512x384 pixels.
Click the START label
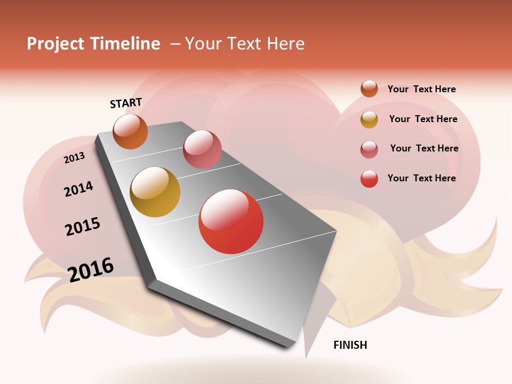[126, 103]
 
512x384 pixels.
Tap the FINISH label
[350, 345]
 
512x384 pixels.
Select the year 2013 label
[74, 158]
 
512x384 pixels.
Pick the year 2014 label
[78, 189]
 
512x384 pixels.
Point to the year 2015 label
[83, 227]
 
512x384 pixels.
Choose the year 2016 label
[91, 269]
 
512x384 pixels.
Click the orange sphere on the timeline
[131, 131]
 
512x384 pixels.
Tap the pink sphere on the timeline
[202, 149]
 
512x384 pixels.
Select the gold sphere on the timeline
[155, 192]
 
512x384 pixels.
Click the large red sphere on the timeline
[231, 221]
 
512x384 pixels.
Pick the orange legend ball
[369, 89]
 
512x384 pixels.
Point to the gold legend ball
[369, 119]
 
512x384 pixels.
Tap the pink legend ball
[369, 149]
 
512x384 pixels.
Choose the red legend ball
[369, 179]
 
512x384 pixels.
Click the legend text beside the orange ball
[421, 89]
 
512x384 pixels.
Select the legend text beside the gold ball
[423, 119]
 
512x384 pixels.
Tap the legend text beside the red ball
[421, 178]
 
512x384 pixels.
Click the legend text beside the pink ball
[424, 148]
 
